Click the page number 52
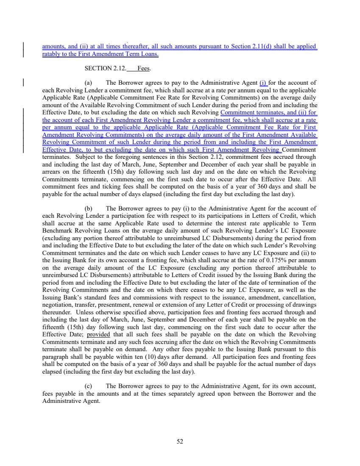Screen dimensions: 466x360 [x=180, y=441]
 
